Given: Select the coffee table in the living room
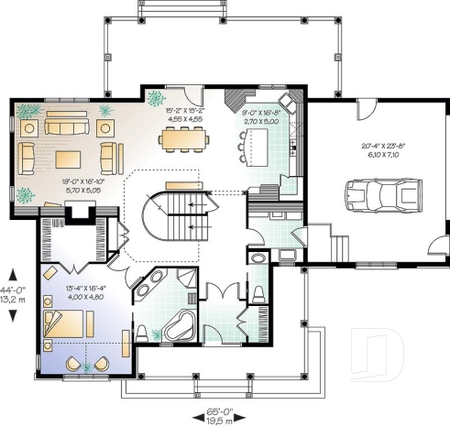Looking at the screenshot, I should tap(69, 157).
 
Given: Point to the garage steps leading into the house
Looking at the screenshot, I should tap(338, 247).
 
